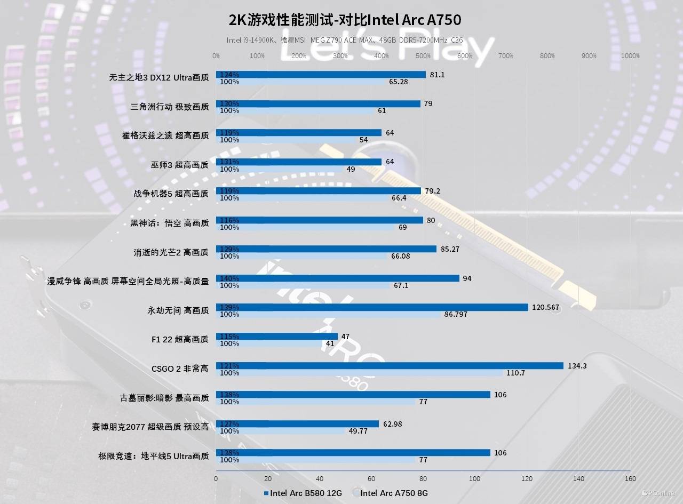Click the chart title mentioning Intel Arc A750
(x=345, y=20)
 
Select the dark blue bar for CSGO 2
(x=390, y=366)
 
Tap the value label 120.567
(x=545, y=307)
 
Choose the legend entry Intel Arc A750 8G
(x=394, y=493)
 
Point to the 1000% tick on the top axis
(x=630, y=56)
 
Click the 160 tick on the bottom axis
(x=630, y=479)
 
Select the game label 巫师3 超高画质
(x=180, y=165)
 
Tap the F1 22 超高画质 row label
(x=180, y=339)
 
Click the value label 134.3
(x=577, y=365)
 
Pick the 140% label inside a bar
(x=229, y=278)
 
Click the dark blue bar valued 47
(x=277, y=337)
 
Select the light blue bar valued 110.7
(x=359, y=373)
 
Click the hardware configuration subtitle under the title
(x=345, y=40)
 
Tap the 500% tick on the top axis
(x=423, y=56)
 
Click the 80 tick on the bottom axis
(x=423, y=479)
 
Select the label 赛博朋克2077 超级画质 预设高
(x=150, y=427)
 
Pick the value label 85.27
(x=451, y=249)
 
